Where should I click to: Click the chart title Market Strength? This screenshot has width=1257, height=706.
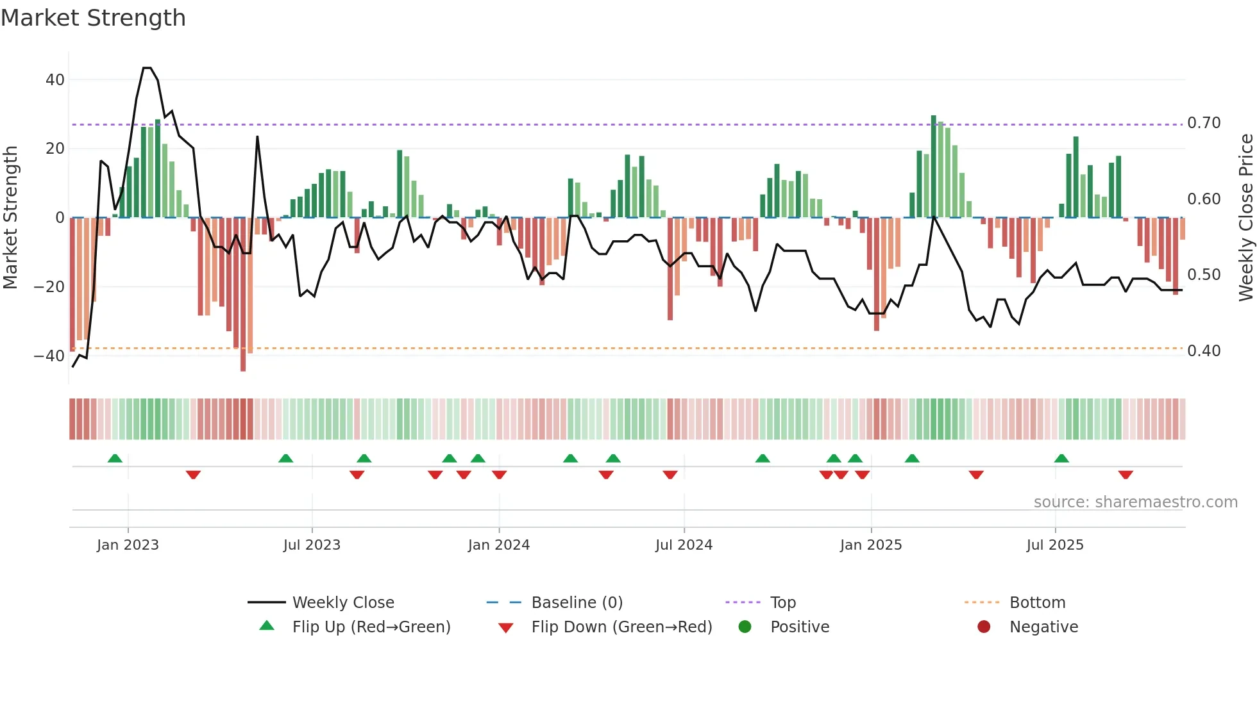point(93,18)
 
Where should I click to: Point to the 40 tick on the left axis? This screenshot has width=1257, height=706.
point(55,80)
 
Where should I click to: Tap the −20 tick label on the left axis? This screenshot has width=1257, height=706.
point(49,287)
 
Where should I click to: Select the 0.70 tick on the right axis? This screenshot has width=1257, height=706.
point(1204,123)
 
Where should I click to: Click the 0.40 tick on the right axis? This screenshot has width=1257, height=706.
point(1204,351)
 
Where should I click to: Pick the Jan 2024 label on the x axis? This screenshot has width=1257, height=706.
point(498,545)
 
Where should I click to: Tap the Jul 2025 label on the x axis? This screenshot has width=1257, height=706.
point(1054,545)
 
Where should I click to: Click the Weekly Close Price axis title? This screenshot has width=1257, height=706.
point(1245,217)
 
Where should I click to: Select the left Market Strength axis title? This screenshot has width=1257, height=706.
point(11,217)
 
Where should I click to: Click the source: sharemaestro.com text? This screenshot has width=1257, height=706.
point(1135,502)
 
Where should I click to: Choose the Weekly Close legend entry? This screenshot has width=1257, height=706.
point(342,603)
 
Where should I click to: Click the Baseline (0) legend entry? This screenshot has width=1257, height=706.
point(577,603)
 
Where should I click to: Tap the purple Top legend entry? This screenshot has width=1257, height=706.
point(782,603)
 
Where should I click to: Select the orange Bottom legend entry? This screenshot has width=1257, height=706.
point(1037,603)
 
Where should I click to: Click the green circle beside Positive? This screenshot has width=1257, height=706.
point(745,627)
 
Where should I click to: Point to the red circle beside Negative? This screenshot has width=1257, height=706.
point(984,627)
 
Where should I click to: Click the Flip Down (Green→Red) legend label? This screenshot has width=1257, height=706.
point(621,627)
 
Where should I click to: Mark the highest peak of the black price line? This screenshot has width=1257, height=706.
point(147,68)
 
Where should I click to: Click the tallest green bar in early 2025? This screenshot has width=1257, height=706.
point(934,167)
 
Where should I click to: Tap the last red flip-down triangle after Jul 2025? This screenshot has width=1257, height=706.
point(1126,475)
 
